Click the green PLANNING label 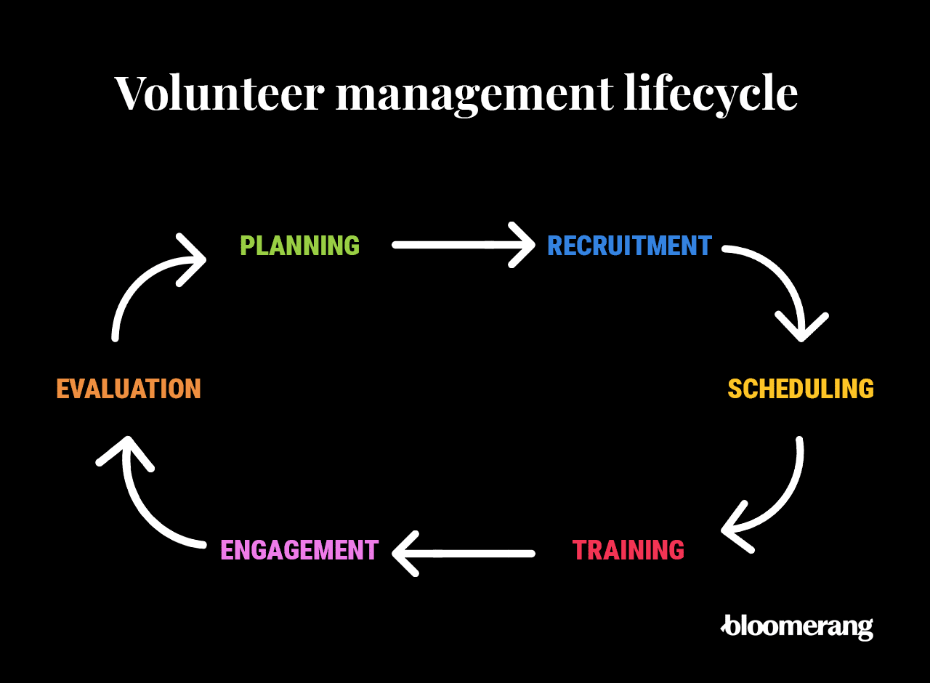(x=299, y=246)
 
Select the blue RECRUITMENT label (x=629, y=246)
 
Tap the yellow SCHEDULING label (x=801, y=389)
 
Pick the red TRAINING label (x=628, y=550)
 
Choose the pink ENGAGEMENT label (x=299, y=550)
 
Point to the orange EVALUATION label (x=129, y=389)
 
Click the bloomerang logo (x=797, y=627)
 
